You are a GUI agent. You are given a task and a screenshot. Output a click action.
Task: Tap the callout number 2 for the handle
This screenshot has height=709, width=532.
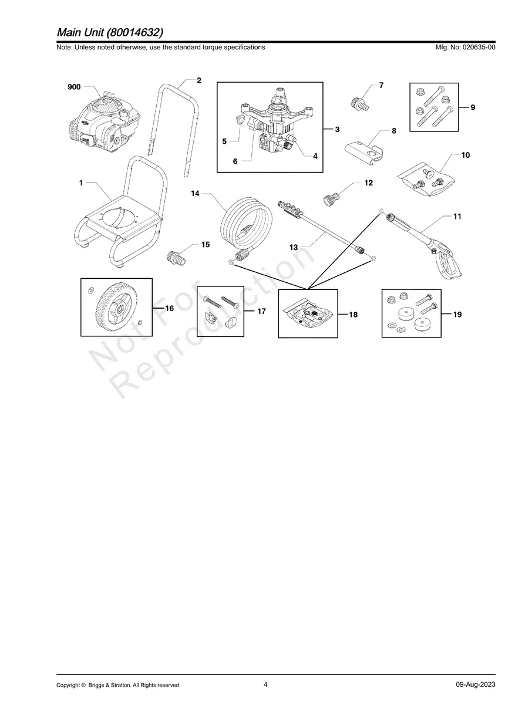click(x=199, y=80)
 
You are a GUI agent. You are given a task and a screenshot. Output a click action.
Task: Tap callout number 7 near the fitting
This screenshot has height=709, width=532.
click(x=381, y=86)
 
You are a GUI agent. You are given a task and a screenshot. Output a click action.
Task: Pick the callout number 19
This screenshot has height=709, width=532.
click(x=457, y=315)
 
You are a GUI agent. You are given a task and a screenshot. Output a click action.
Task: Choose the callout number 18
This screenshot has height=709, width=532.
click(x=353, y=315)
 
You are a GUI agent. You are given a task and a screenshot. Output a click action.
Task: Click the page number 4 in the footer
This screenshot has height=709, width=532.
click(x=265, y=684)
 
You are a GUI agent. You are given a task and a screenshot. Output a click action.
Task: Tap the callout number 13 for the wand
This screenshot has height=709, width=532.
click(x=294, y=248)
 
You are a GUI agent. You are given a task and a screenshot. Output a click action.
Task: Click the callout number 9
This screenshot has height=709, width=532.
click(x=473, y=107)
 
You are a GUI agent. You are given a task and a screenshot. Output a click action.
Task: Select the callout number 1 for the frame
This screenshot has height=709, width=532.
click(x=80, y=183)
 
